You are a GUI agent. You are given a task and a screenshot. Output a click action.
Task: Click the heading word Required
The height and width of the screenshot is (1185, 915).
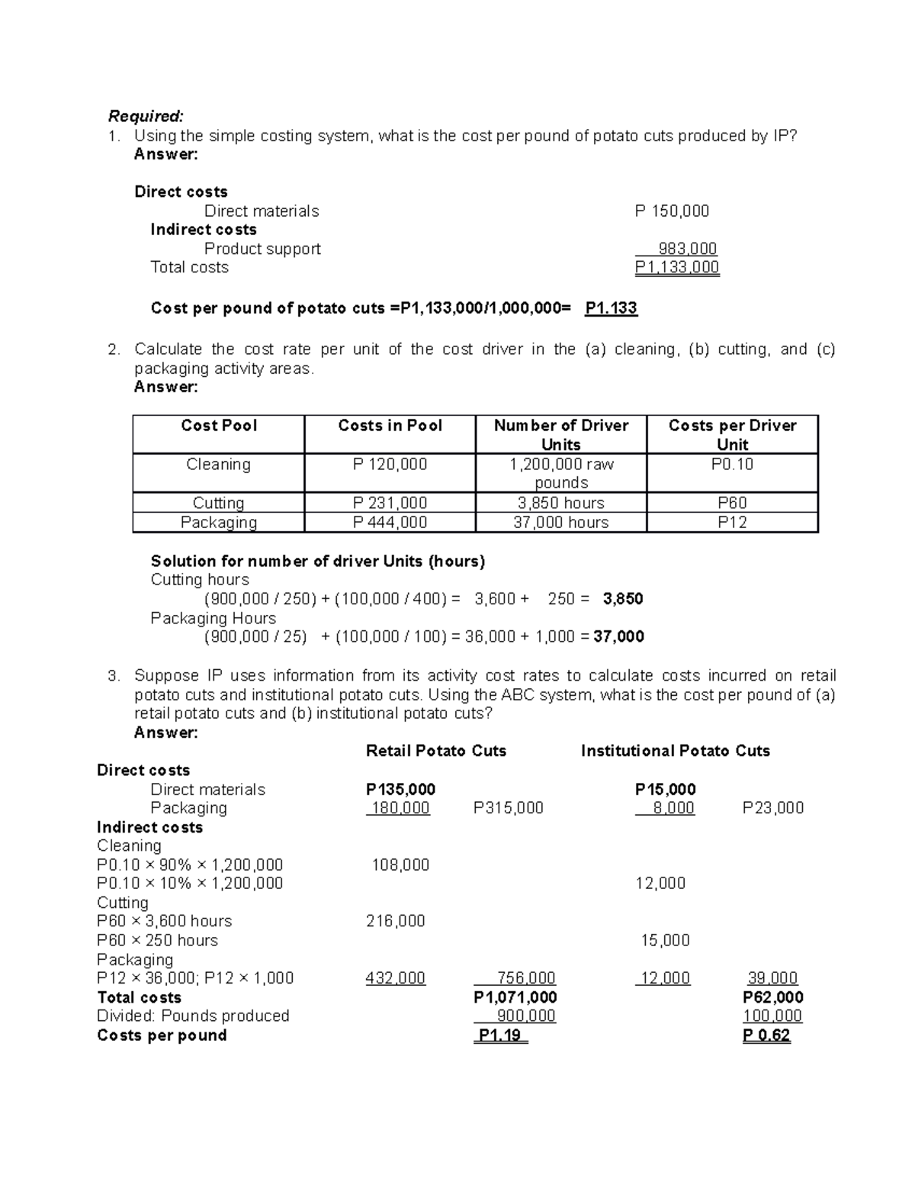click(x=145, y=116)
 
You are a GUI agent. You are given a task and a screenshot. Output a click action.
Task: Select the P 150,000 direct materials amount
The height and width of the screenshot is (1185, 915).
click(x=672, y=211)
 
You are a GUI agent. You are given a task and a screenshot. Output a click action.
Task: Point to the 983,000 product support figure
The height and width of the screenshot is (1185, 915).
click(x=687, y=249)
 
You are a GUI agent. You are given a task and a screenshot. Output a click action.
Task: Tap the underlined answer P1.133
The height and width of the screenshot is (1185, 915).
click(x=611, y=308)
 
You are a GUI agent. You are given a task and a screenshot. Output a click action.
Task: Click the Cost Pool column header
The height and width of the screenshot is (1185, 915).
click(x=219, y=426)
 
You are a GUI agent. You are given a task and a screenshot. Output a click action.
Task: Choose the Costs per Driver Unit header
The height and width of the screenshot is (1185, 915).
click(x=732, y=435)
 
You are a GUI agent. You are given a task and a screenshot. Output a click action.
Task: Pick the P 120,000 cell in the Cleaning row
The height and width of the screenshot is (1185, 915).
click(x=390, y=465)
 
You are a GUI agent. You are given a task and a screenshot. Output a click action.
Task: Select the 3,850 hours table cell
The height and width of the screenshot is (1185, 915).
click(x=560, y=504)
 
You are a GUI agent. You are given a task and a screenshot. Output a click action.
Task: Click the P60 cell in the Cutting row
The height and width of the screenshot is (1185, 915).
click(x=732, y=504)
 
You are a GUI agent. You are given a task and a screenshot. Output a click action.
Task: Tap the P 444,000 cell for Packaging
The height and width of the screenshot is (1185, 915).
click(x=390, y=523)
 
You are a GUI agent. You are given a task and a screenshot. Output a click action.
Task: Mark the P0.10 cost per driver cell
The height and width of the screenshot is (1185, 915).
click(x=732, y=465)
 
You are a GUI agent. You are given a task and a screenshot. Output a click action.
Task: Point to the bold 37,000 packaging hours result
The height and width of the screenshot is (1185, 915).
click(x=618, y=636)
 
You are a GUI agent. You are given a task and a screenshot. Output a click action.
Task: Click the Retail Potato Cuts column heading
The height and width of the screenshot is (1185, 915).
click(x=436, y=751)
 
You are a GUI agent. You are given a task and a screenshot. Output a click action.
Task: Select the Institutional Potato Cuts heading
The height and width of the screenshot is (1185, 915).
click(x=675, y=751)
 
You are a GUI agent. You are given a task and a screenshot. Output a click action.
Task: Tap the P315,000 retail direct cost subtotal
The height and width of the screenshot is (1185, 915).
click(x=508, y=808)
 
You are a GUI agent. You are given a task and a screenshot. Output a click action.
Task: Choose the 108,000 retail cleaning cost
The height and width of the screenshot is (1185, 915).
click(x=400, y=865)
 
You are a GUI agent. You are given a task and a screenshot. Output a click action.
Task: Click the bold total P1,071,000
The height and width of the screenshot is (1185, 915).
click(x=515, y=997)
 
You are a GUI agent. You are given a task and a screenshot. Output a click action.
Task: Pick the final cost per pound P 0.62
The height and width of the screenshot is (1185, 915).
click(x=766, y=1035)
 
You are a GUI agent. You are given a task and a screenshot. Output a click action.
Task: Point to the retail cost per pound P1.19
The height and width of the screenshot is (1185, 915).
click(x=500, y=1035)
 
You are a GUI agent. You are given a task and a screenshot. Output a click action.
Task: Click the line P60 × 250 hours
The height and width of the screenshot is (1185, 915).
click(x=157, y=941)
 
